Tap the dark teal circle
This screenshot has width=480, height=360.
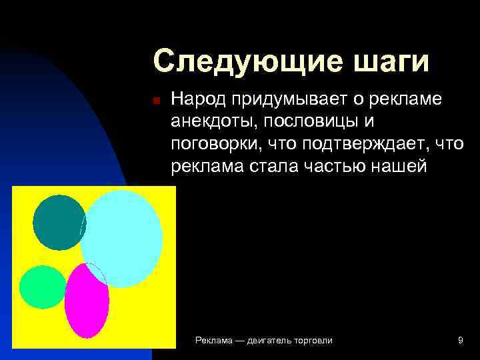click(59, 222)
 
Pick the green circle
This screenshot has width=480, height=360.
click(42, 287)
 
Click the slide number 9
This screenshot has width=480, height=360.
click(461, 341)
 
